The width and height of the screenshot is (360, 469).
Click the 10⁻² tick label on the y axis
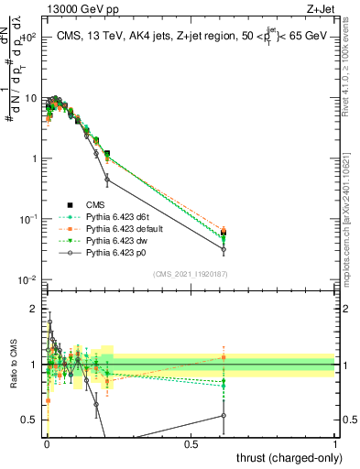pos(28,279)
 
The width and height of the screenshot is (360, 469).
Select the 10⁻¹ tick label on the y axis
pos(28,219)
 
